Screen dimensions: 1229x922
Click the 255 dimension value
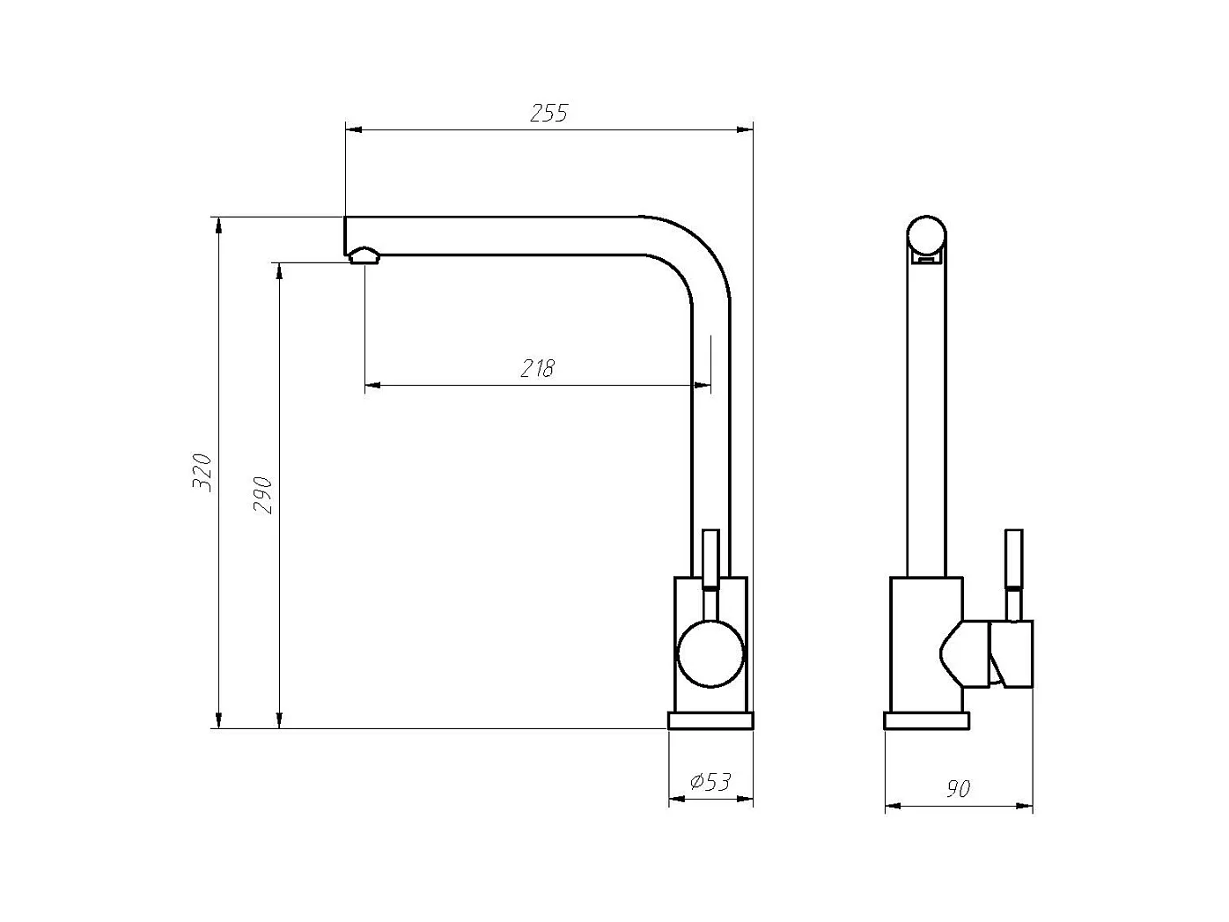point(548,113)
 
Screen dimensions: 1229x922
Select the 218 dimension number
point(538,368)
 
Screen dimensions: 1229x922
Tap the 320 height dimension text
point(202,473)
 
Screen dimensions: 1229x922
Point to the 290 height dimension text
point(262,496)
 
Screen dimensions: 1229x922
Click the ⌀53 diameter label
point(710,781)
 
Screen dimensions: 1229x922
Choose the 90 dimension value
point(958,789)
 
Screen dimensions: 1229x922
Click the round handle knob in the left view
point(710,653)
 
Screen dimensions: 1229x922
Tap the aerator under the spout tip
point(364,255)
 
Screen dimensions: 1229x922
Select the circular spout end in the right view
point(926,235)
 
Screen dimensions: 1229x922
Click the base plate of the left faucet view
point(710,720)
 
